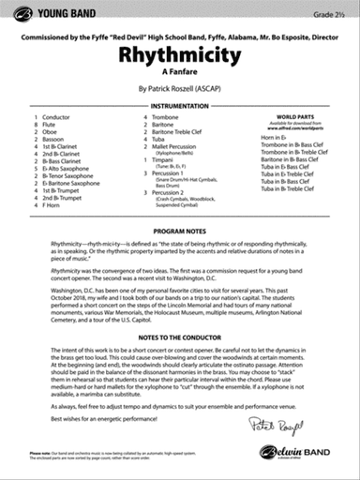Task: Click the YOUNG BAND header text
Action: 60,13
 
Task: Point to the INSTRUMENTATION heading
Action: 179,108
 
